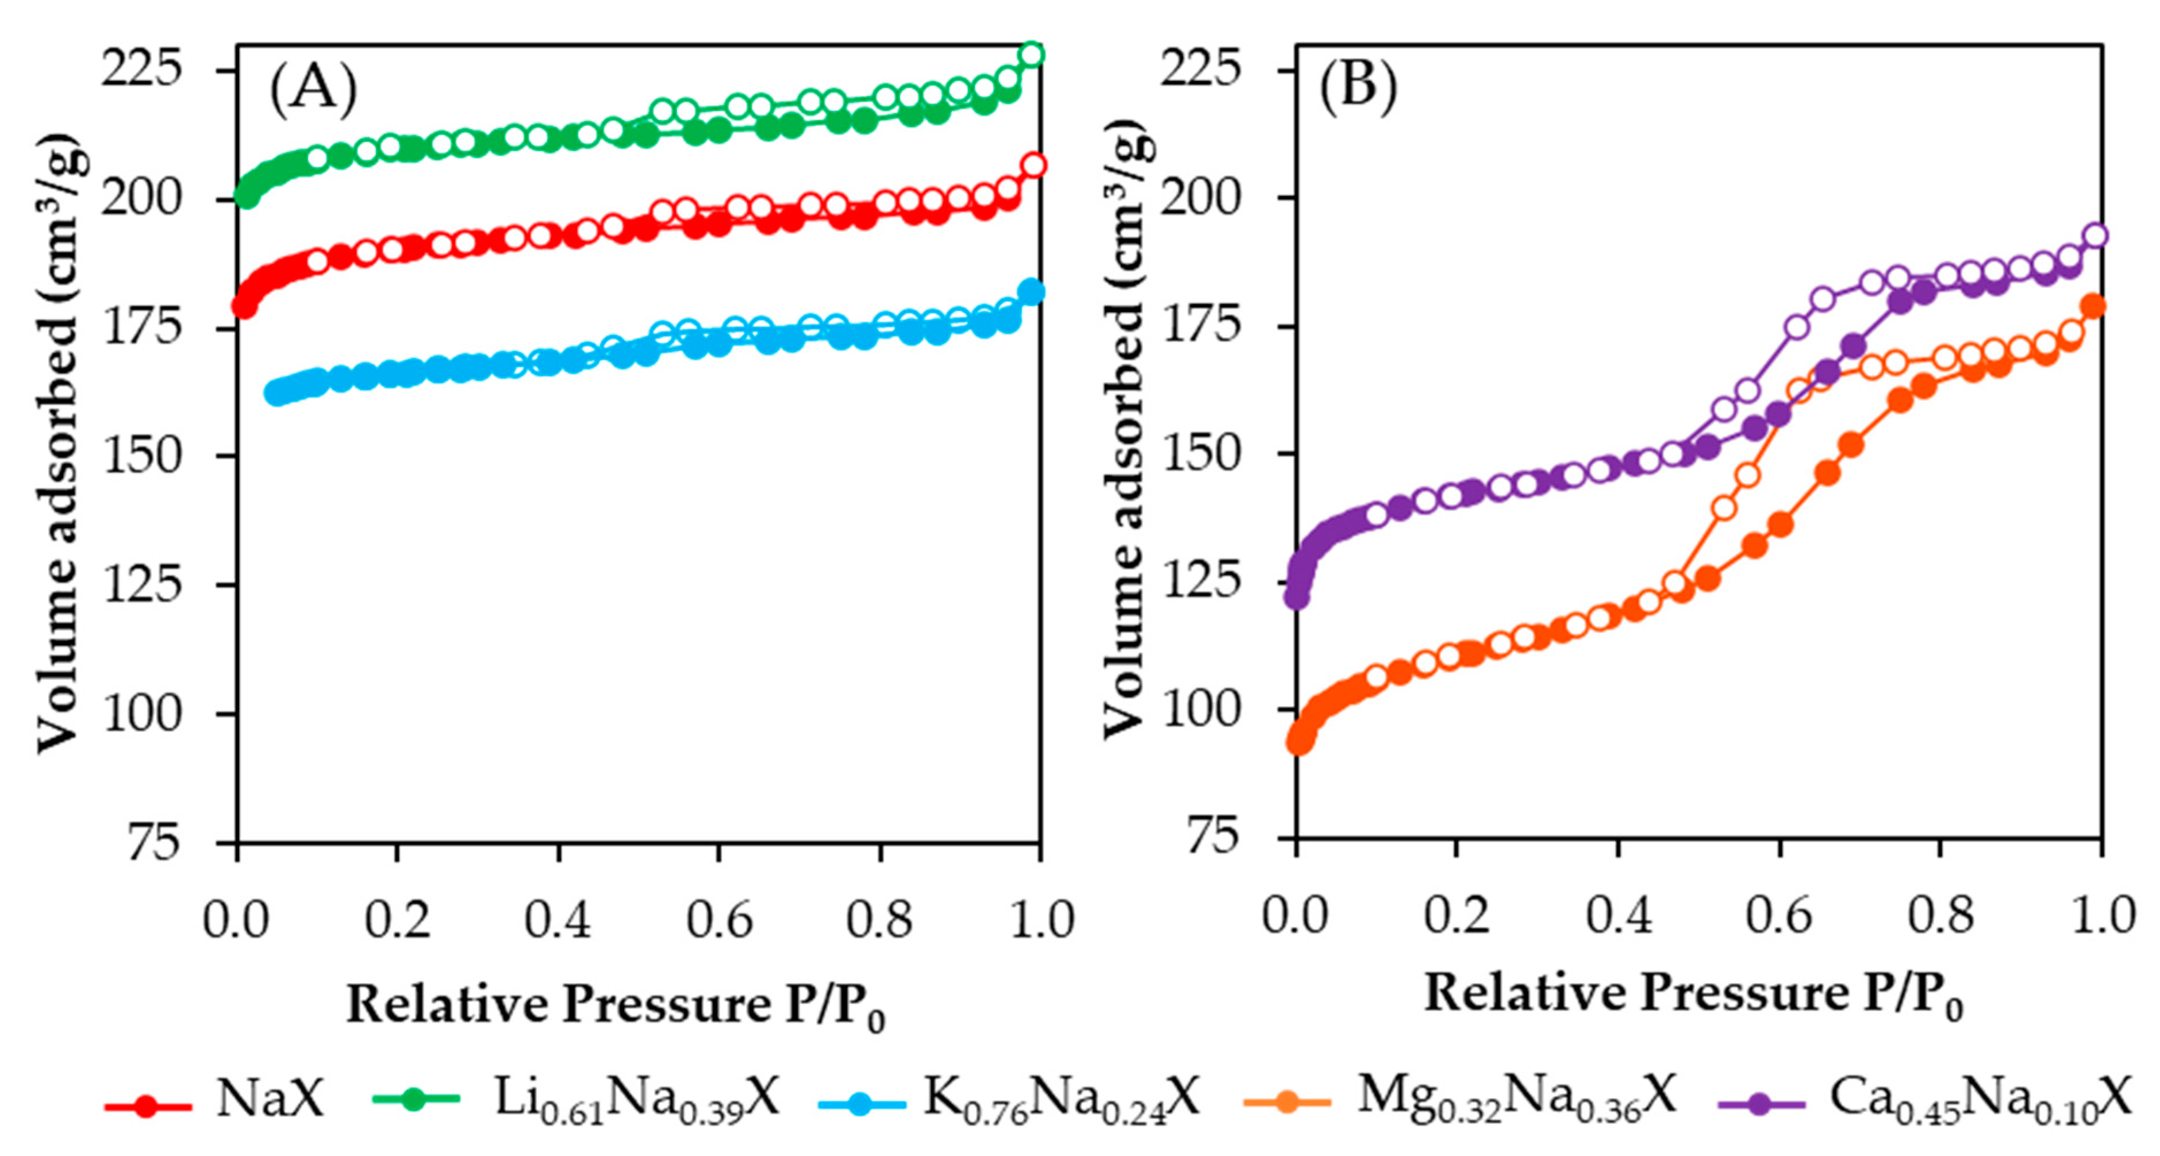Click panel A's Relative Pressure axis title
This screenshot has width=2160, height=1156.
tap(616, 1003)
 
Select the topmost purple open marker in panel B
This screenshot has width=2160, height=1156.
tap(2096, 236)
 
